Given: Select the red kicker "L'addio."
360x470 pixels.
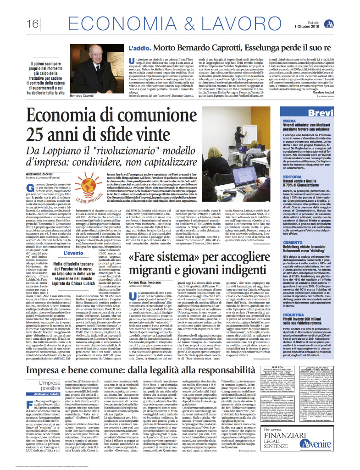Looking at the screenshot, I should pos(141,48).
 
